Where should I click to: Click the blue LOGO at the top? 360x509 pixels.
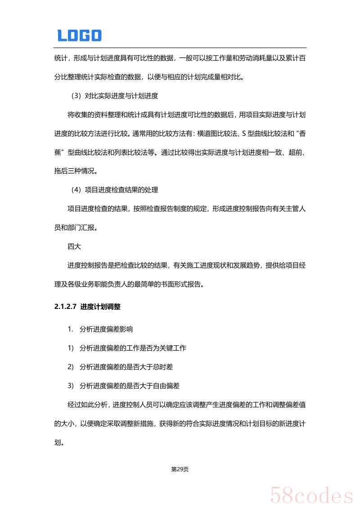click(x=79, y=36)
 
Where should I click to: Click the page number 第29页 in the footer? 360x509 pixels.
click(x=180, y=469)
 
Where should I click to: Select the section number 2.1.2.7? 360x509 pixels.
click(x=65, y=307)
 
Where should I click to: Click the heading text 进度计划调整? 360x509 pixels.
click(x=100, y=307)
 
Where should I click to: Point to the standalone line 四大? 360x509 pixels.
click(x=74, y=246)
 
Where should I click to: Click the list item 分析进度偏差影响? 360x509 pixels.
click(x=106, y=329)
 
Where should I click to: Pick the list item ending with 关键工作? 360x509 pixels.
click(x=133, y=348)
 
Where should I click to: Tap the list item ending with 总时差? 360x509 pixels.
click(x=126, y=367)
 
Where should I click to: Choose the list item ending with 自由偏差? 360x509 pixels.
click(x=130, y=386)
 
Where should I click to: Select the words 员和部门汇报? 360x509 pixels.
click(x=75, y=228)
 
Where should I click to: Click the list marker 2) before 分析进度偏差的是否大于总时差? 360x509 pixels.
click(x=71, y=367)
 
